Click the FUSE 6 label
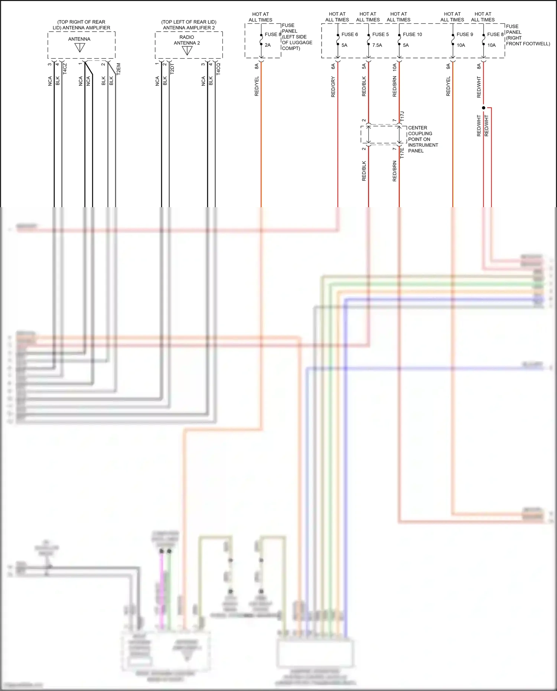coord(349,35)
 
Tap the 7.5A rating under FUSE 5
coord(377,45)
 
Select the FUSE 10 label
coord(412,35)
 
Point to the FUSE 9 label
coord(465,35)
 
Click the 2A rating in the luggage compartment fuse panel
coord(268,45)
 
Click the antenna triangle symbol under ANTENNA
coord(80,48)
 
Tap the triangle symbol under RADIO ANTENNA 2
coord(187,51)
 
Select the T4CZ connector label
coord(65,69)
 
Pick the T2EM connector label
coord(119,69)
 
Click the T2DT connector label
coord(172,69)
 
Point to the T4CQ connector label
coord(218,69)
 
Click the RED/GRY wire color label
coord(333,87)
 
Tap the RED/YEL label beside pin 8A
coord(257,87)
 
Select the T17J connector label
coord(402,117)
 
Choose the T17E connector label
coord(402,153)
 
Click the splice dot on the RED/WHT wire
coord(483,108)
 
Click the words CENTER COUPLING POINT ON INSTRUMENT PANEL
coord(423,139)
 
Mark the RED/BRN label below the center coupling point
coord(395,171)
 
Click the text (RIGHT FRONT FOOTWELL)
coord(527,41)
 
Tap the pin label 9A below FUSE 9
coord(448,66)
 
